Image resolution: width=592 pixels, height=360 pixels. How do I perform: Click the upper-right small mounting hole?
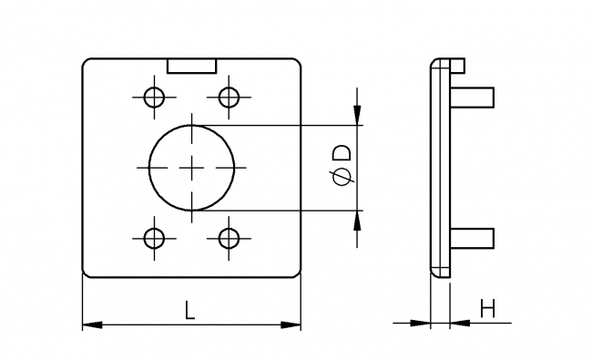229,96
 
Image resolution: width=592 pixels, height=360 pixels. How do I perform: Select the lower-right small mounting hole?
229,239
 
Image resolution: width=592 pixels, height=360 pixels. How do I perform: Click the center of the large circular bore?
191,167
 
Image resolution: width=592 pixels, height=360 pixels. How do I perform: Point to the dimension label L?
189,310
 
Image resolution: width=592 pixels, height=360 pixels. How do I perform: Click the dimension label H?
487,309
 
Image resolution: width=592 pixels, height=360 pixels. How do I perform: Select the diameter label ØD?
342,167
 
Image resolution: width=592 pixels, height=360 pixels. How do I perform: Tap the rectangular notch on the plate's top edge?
192,66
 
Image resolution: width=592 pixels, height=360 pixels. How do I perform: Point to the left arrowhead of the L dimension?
90,324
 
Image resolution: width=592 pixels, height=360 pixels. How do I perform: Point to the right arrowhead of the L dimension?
293,324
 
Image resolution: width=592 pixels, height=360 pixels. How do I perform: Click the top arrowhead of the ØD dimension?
357,117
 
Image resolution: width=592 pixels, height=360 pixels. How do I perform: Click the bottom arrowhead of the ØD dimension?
357,218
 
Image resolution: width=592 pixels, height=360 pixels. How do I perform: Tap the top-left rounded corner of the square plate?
87,63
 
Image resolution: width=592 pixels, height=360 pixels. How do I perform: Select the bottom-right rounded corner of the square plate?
297,272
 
